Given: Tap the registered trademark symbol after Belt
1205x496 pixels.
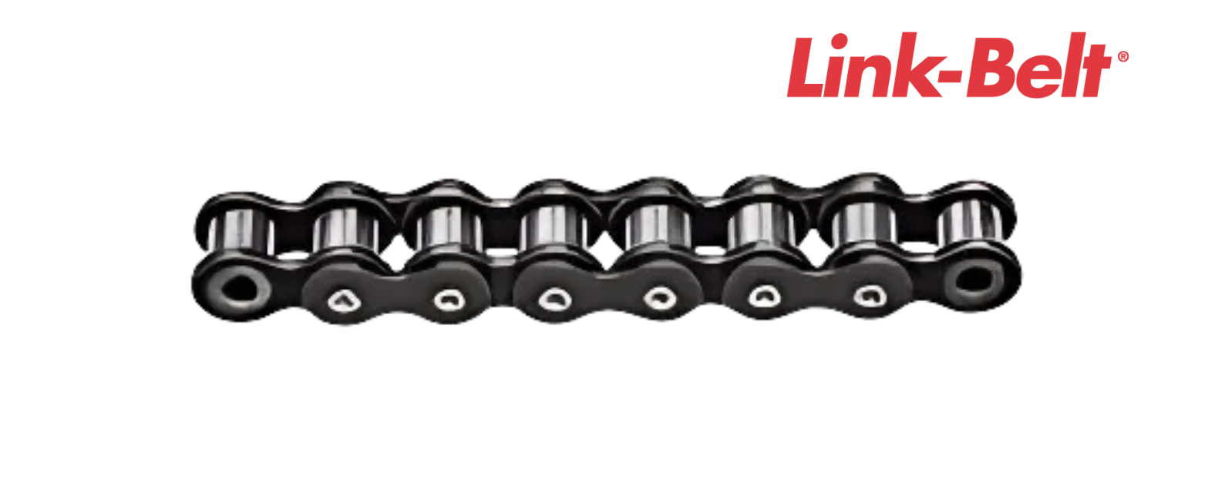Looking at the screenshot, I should tap(1123, 56).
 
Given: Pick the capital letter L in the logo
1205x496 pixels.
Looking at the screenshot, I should tap(806, 67).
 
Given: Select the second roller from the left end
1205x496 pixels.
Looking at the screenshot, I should tap(345, 228).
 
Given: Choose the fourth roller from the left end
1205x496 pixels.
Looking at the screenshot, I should tap(552, 226).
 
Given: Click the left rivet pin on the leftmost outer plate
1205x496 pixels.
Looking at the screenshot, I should tap(341, 300).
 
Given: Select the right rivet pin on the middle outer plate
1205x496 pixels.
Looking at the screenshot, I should tap(658, 296).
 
